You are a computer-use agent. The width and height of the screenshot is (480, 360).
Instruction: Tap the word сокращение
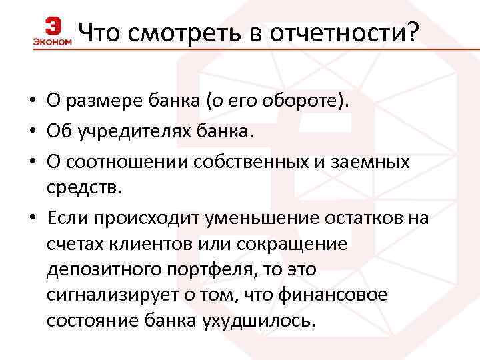tap(290, 243)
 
